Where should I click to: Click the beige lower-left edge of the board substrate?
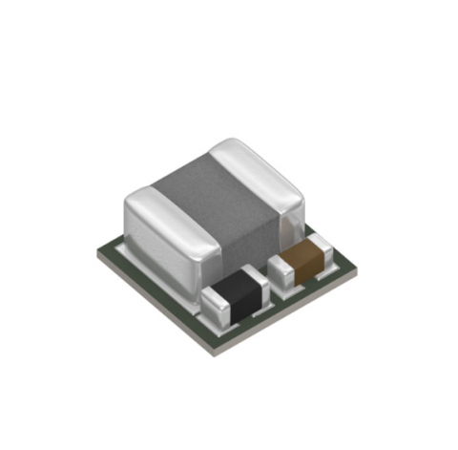(153, 301)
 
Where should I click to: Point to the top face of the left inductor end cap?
(157, 201)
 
